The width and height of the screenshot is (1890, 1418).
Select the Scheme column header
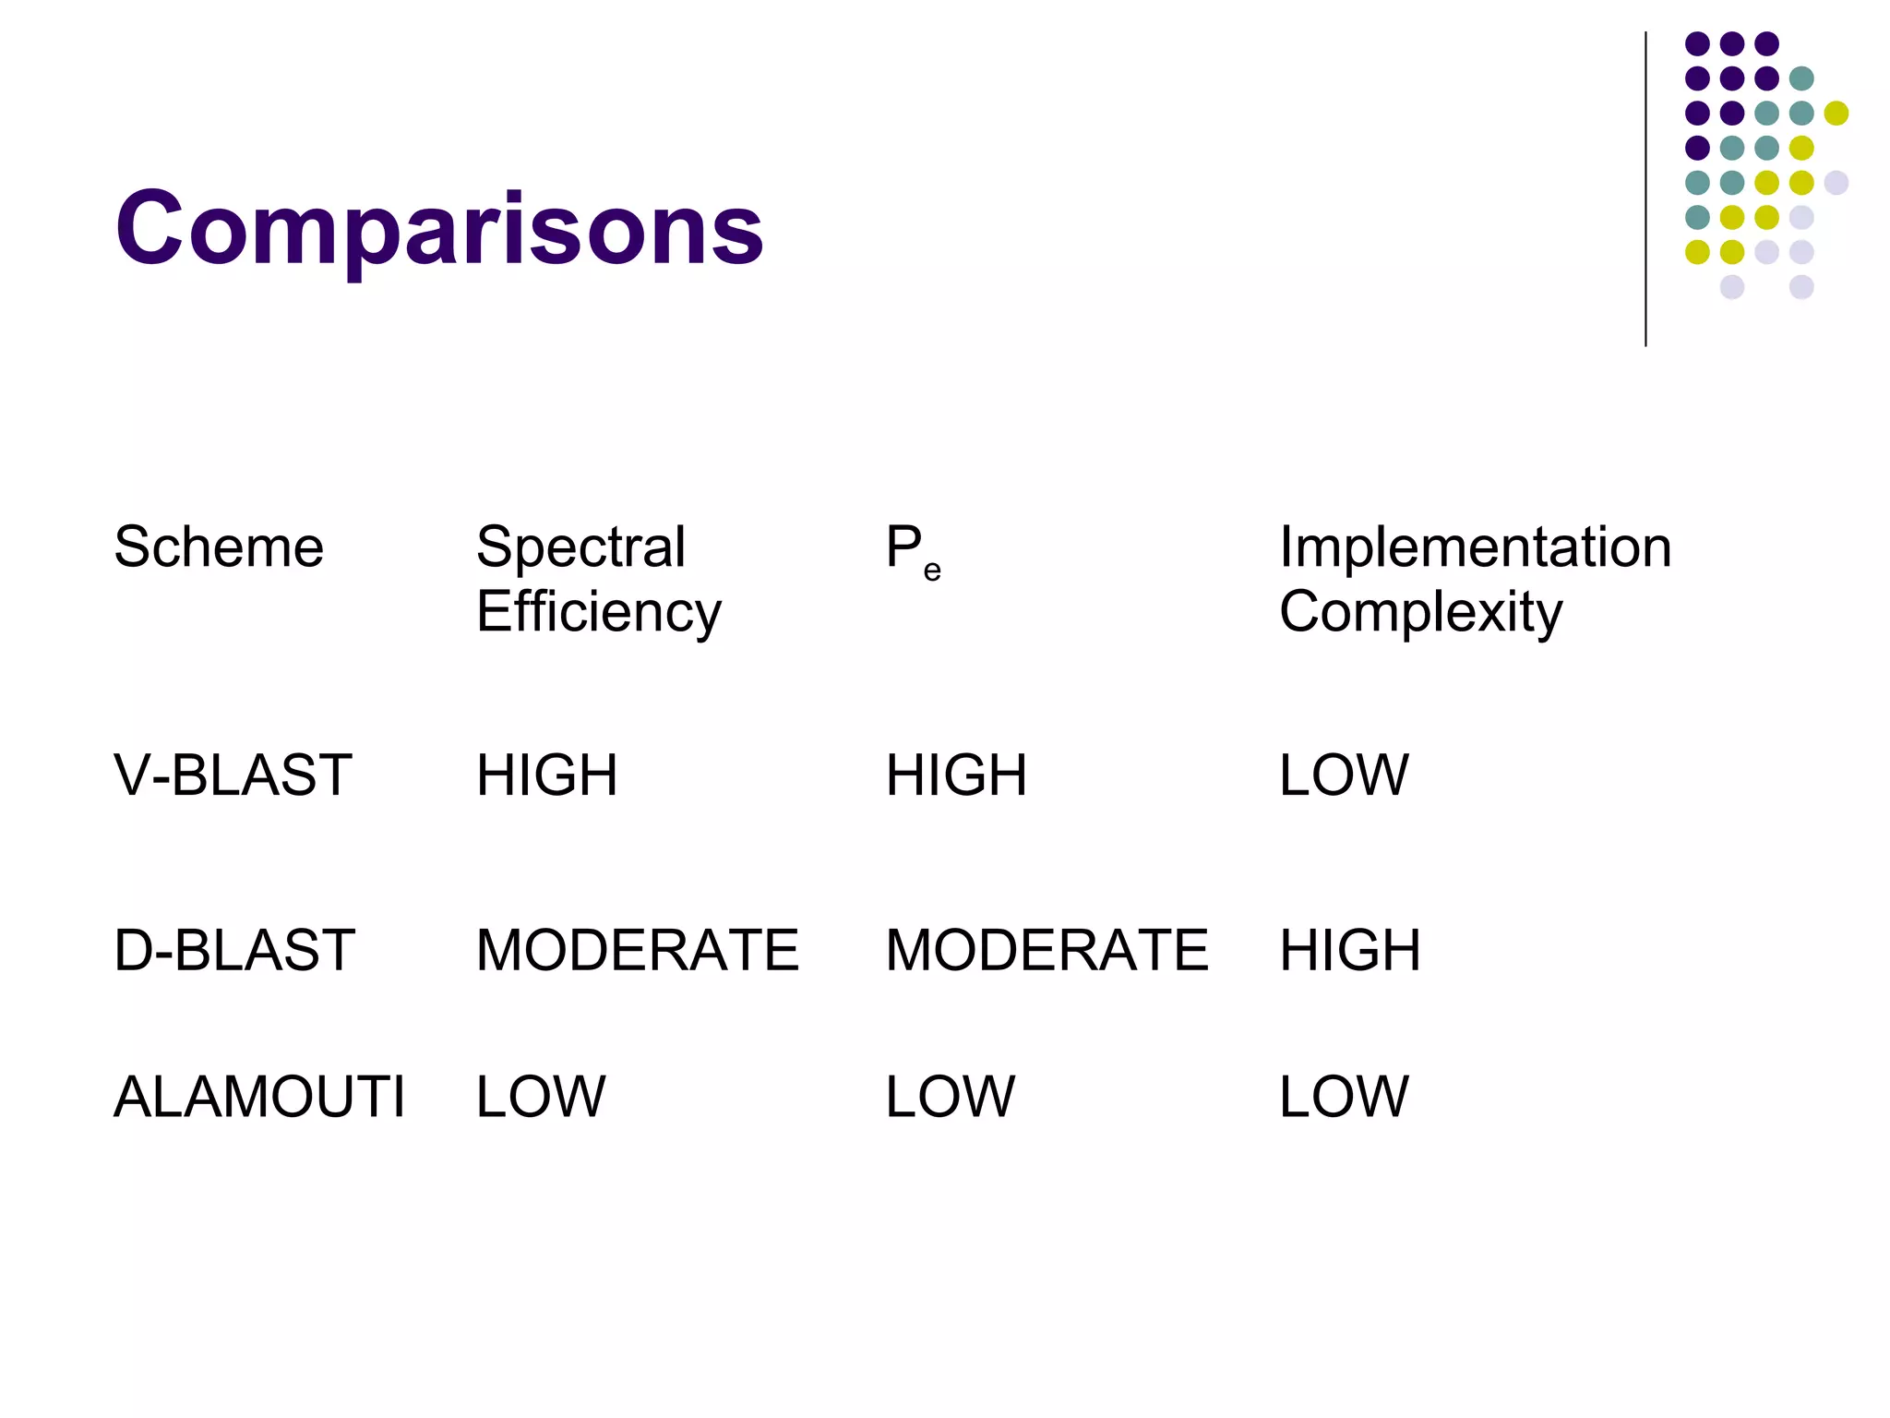[219, 547]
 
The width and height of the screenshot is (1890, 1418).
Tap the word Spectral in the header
[580, 547]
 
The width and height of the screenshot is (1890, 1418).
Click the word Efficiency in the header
[598, 611]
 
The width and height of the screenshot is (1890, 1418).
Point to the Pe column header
[913, 550]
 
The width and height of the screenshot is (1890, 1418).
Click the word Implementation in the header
[1475, 547]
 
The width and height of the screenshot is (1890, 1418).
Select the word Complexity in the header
[1420, 611]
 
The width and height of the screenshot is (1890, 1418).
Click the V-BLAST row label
[233, 775]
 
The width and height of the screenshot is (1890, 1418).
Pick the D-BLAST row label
[234, 950]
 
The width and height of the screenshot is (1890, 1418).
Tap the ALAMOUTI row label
[259, 1097]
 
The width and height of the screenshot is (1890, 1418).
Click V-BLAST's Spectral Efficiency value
[546, 775]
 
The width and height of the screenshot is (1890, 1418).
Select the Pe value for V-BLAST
[956, 775]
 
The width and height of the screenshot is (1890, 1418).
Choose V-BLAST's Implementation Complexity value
[1344, 775]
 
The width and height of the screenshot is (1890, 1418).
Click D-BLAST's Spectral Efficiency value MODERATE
[637, 950]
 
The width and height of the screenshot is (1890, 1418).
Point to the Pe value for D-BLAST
[1047, 950]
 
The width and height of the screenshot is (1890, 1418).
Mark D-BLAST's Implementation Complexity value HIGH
[1349, 950]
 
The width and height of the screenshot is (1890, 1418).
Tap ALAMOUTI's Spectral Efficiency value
[541, 1097]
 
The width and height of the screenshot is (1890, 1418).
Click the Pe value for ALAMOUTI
[950, 1097]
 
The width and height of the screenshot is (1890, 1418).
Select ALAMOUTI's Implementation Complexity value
[1344, 1097]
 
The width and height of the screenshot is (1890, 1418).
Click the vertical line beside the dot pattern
[1645, 189]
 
